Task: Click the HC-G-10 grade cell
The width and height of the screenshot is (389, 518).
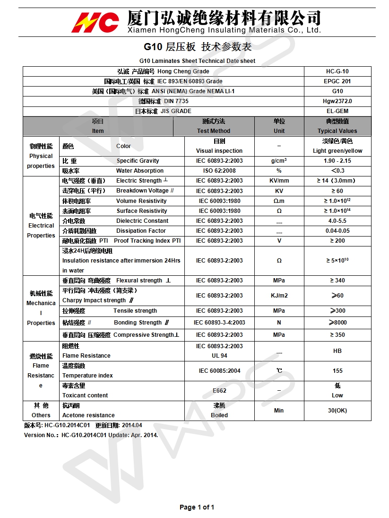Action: tap(337, 71)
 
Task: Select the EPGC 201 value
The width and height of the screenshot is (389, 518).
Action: tap(337, 81)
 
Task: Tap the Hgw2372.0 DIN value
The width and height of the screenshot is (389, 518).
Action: tap(337, 101)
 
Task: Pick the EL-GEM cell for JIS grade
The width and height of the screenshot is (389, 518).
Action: tap(337, 111)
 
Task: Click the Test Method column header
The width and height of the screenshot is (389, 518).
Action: tap(214, 126)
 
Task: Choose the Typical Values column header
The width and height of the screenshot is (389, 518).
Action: tap(337, 126)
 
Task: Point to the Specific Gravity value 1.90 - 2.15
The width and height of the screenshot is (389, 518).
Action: tap(337, 161)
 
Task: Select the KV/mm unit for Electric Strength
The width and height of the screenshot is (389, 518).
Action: tap(279, 181)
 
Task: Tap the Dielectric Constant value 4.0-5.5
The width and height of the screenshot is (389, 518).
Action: tap(337, 221)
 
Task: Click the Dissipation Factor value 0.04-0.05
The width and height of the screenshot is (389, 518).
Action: tap(337, 231)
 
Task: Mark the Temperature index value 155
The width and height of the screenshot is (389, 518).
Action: tap(337, 371)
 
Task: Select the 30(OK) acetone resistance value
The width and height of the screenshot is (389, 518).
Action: tap(337, 411)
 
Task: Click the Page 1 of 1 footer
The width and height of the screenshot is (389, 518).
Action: tap(197, 508)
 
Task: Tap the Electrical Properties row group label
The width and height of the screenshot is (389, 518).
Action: tap(41, 226)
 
